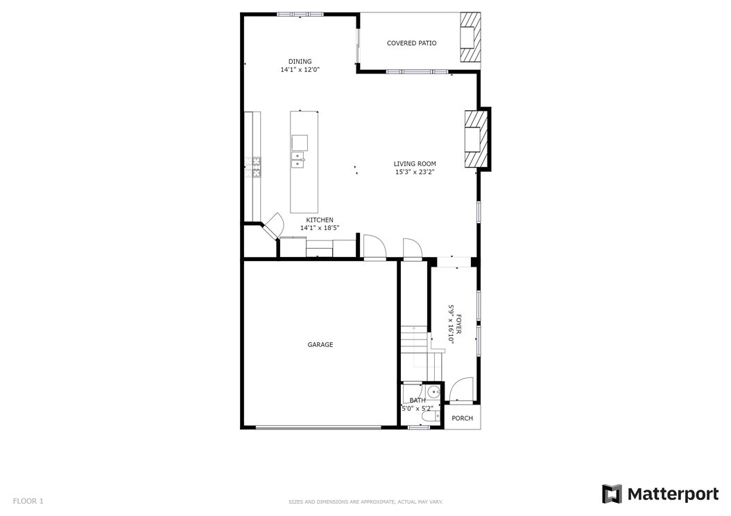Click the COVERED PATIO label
tap(412, 44)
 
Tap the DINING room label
tap(300, 62)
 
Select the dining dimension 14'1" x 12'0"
tap(300, 70)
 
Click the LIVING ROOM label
tap(415, 164)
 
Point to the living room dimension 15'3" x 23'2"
tap(415, 172)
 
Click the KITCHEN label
tap(319, 220)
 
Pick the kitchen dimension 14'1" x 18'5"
tap(319, 228)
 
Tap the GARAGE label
tap(320, 345)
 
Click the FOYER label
tap(458, 324)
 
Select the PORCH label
tap(463, 418)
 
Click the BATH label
tap(418, 400)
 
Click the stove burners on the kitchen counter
tap(253, 167)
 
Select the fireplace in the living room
tap(476, 139)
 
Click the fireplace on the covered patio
tap(470, 37)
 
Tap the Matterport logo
tap(660, 494)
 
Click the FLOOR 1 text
tap(28, 501)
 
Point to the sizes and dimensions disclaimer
tap(365, 502)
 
